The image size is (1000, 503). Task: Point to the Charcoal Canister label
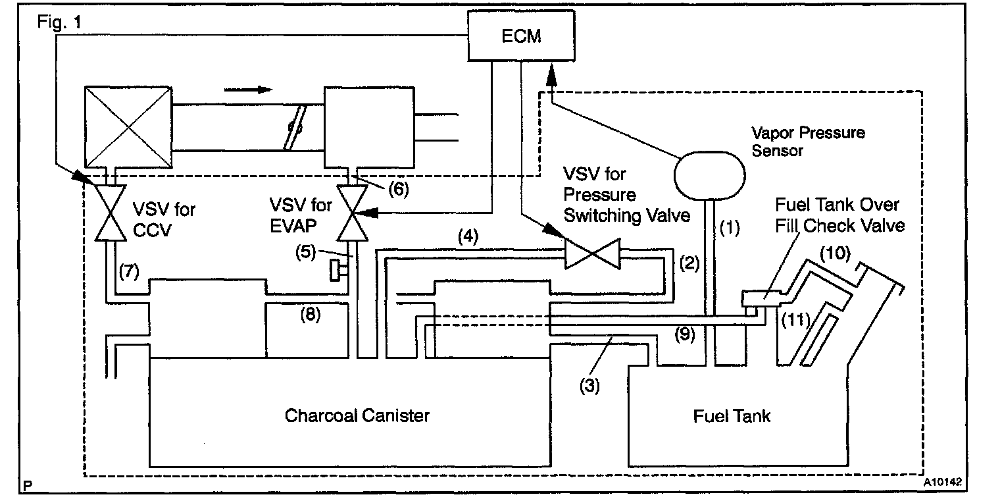point(357,415)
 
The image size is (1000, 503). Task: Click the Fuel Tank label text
point(732,415)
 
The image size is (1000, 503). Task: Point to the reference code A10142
point(942,482)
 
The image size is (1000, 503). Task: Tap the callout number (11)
point(794,321)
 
